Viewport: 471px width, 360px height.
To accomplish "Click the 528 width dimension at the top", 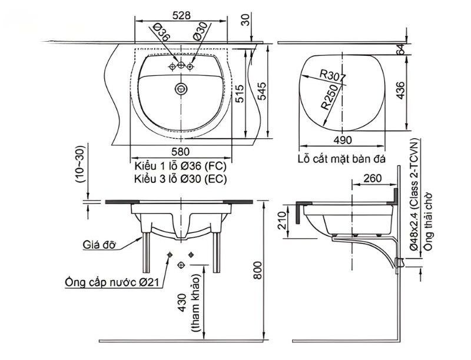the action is (x=181, y=16).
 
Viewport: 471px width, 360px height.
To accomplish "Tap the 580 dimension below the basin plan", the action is (x=181, y=152).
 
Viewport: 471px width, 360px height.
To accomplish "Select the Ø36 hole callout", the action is (x=161, y=32).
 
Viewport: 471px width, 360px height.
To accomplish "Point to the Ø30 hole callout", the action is (x=200, y=31).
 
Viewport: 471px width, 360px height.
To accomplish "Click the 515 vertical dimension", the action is (x=240, y=94).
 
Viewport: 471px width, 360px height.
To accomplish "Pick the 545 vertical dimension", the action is (x=261, y=91).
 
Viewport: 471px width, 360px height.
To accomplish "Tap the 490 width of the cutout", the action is (x=342, y=140).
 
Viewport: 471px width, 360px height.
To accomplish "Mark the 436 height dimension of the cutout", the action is (x=400, y=91).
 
